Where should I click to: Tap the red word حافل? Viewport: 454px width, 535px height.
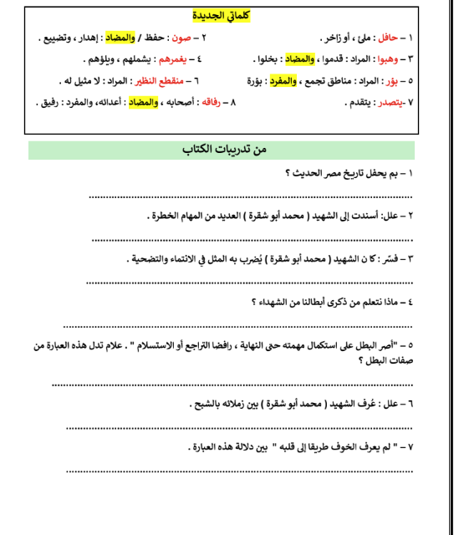click(411, 38)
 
